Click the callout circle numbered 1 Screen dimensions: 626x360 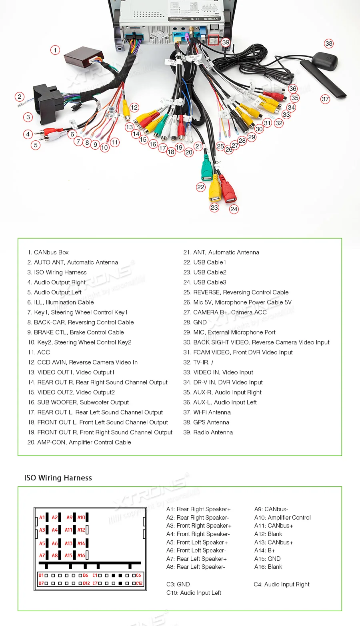pyautogui.click(x=55, y=50)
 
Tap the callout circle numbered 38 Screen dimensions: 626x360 pyautogui.click(x=329, y=44)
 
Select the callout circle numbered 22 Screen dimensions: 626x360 pyautogui.click(x=201, y=187)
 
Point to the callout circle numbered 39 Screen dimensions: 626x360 pyautogui.click(x=226, y=42)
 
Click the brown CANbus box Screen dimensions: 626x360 pyautogui.click(x=83, y=57)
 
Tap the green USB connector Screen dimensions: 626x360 pyautogui.click(x=206, y=170)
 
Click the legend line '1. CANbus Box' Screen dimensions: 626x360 pyautogui.click(x=48, y=252)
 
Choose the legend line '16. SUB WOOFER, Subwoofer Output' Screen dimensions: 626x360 pyautogui.click(x=78, y=402)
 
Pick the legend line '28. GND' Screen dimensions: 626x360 pyautogui.click(x=195, y=322)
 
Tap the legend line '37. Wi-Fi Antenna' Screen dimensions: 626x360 pyautogui.click(x=207, y=412)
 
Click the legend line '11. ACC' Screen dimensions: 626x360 pyautogui.click(x=39, y=352)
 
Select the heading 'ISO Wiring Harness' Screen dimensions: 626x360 pyautogui.click(x=58, y=478)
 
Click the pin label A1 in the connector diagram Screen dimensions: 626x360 pyautogui.click(x=42, y=518)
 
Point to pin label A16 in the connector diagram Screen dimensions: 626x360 pyautogui.click(x=81, y=556)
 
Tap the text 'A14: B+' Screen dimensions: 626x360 pyautogui.click(x=265, y=550)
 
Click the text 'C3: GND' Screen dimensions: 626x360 pyautogui.click(x=178, y=584)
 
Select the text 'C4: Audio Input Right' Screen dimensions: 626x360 pyautogui.click(x=282, y=584)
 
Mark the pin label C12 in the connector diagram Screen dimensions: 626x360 pyautogui.click(x=139, y=583)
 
